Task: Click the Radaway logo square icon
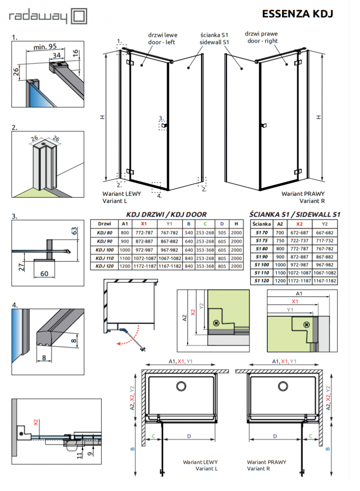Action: pos(79,17)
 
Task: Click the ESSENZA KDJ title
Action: pos(297,14)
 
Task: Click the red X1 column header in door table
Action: pos(143,224)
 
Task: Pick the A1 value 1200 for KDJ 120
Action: pos(125,266)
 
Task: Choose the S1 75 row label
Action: pos(261,241)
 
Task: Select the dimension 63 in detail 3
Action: pos(75,232)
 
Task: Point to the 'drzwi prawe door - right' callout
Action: pos(261,37)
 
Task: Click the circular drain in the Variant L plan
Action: pos(181,386)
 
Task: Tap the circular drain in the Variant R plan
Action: pos(283,386)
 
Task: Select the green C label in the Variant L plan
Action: pos(153,436)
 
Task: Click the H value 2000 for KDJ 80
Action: pos(235,232)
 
